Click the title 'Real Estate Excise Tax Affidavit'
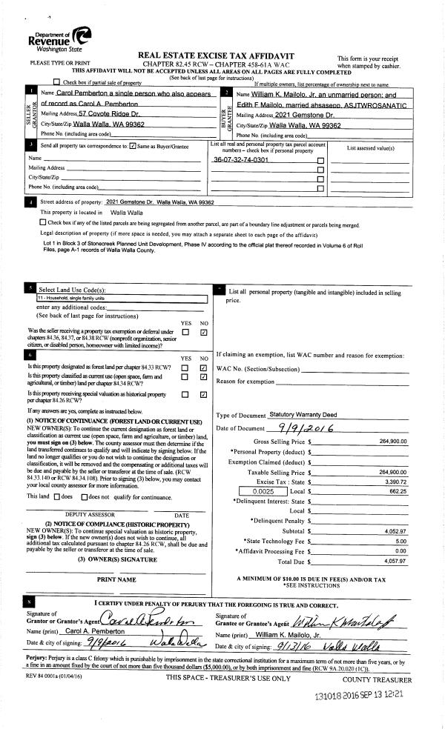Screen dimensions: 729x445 (216, 56)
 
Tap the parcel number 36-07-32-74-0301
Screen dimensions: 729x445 (240, 160)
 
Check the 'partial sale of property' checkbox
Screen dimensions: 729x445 (58, 82)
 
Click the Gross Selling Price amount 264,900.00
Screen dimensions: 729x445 (392, 442)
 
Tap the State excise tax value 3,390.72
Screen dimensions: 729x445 (396, 481)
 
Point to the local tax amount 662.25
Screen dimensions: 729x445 (397, 491)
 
